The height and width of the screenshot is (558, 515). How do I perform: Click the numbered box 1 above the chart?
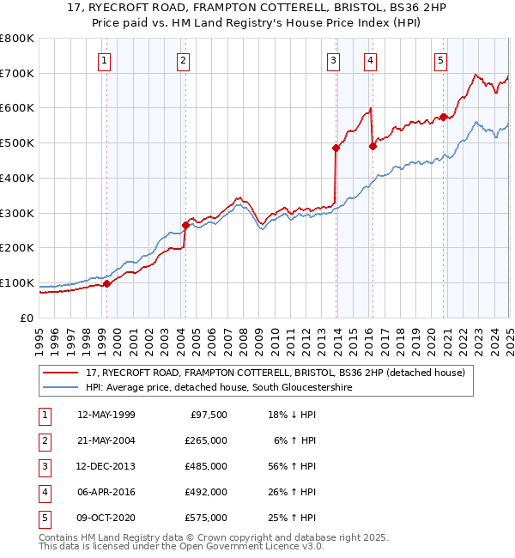click(x=104, y=60)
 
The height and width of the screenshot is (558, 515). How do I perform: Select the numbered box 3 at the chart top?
click(x=333, y=60)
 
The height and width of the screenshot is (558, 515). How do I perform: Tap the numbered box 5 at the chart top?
click(x=440, y=60)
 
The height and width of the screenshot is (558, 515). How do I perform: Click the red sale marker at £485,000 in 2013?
click(x=336, y=149)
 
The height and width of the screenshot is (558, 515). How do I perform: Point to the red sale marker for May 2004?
click(x=185, y=225)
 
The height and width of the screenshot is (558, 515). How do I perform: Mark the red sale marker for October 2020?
click(x=443, y=117)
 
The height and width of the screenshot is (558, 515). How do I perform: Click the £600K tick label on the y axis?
click(x=17, y=108)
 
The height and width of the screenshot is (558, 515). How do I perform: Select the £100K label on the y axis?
click(x=17, y=282)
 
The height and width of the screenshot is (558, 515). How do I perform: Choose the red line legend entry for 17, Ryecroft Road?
click(x=275, y=373)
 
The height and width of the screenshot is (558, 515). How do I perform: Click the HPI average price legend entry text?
click(x=219, y=387)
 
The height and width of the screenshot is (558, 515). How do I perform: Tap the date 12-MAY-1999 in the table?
click(x=106, y=415)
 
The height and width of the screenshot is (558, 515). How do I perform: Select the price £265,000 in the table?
click(x=207, y=440)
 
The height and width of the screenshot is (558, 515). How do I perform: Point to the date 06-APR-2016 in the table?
click(x=106, y=492)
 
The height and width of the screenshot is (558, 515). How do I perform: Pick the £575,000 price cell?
click(x=207, y=518)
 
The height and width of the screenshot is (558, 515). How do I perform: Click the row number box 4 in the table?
click(x=43, y=492)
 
